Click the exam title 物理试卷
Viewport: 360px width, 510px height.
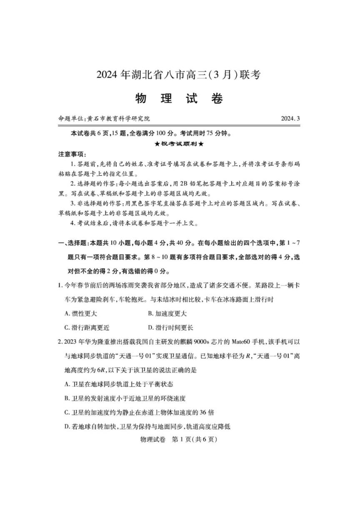[179, 98]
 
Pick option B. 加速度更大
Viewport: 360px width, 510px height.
[167, 314]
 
